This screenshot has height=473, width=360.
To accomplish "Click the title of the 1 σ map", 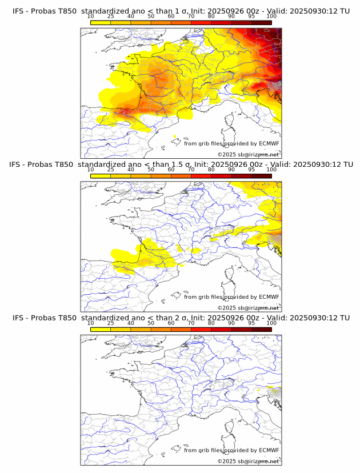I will [180, 11].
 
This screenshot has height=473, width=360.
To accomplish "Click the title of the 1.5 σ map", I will [180, 164].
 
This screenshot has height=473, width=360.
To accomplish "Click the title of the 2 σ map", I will [180, 318].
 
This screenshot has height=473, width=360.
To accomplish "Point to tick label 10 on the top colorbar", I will [91, 17].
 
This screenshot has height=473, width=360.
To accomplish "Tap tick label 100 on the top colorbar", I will [271, 17].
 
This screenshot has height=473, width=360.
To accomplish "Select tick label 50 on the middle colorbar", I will [151, 170].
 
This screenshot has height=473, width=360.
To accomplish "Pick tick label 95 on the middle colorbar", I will [251, 170].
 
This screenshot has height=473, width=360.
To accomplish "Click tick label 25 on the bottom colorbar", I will [111, 323].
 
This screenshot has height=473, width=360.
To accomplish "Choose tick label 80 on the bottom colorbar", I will [211, 323].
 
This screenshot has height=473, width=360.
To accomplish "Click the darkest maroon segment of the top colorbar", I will [261, 22].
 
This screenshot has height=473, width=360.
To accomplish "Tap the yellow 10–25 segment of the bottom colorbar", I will [101, 329].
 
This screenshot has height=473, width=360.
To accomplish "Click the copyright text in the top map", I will [248, 155].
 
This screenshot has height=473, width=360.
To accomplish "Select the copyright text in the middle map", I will [248, 308].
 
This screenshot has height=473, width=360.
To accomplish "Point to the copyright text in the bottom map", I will [248, 462].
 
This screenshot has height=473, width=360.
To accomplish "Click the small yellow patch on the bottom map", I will [275, 391].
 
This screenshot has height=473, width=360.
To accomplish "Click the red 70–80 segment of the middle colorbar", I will [201, 175].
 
